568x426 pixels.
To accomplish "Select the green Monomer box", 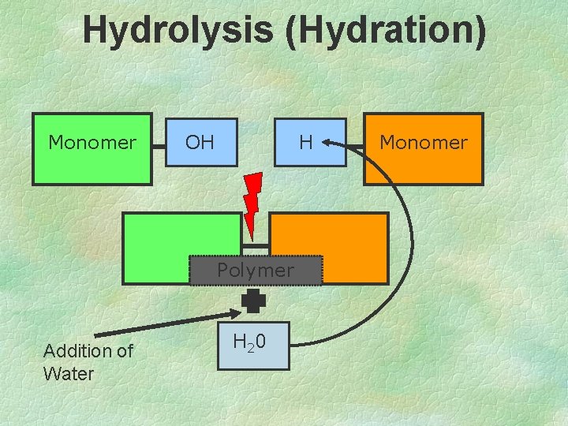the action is [x=92, y=149].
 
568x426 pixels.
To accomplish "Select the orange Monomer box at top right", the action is [x=423, y=149].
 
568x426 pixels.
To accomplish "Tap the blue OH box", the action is [x=201, y=143].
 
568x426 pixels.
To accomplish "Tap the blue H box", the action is [x=310, y=143].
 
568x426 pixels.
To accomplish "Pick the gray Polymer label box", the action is [x=256, y=271].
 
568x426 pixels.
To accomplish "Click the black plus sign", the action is [x=254, y=301].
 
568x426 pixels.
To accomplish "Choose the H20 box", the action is [x=255, y=343].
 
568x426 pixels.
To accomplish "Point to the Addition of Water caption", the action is [x=88, y=362].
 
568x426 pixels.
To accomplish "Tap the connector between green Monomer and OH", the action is [x=159, y=145].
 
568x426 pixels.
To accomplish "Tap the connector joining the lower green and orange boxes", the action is [x=256, y=248].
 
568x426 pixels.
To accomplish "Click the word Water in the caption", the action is [x=69, y=374].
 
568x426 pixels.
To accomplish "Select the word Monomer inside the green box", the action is [x=92, y=143].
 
